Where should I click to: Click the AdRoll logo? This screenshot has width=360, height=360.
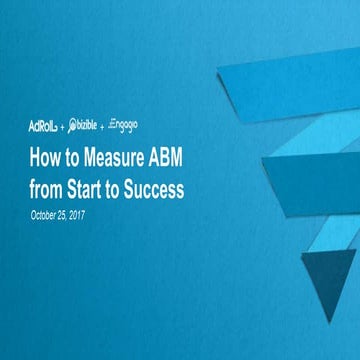pyautogui.click(x=44, y=127)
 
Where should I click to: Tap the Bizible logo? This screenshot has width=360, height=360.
pyautogui.click(x=86, y=127)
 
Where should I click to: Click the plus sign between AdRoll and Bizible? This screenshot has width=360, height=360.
pyautogui.click(x=63, y=128)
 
